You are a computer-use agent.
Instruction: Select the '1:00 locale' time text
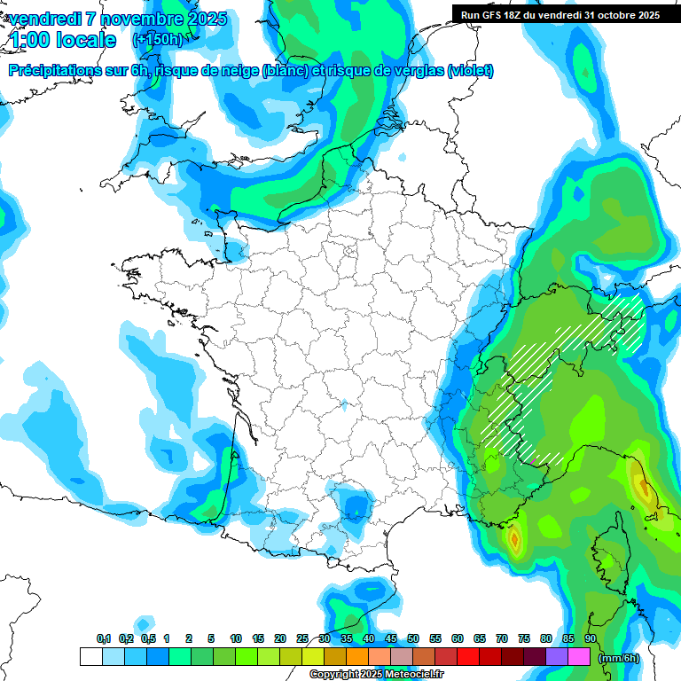click(62, 41)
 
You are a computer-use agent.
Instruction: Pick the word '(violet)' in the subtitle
click(470, 71)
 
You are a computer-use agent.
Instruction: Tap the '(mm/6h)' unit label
click(620, 658)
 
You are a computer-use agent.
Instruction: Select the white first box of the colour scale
click(90, 657)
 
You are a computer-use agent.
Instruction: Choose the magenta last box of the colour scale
click(579, 657)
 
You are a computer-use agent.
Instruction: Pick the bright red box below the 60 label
click(468, 657)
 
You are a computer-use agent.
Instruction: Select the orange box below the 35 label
click(357, 657)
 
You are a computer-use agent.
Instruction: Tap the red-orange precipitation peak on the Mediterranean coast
click(514, 537)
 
